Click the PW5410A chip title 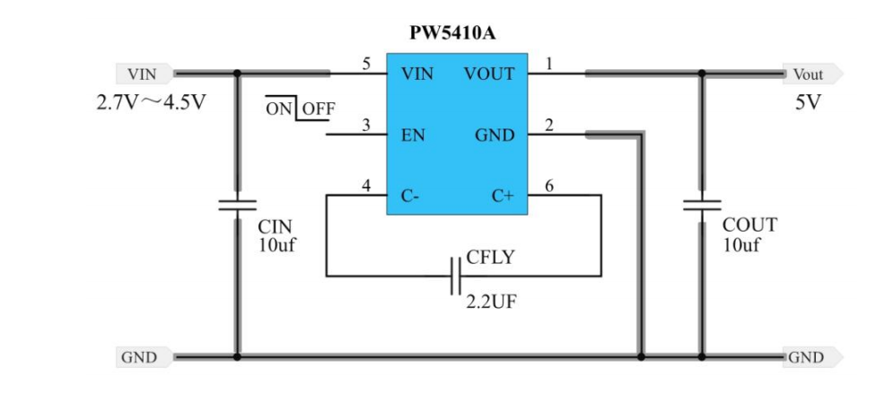(x=453, y=34)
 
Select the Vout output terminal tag (x=810, y=74)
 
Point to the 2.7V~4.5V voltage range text (x=151, y=102)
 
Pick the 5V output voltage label (x=807, y=102)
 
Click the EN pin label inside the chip (x=413, y=136)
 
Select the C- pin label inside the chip (x=408, y=196)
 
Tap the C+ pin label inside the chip (x=503, y=196)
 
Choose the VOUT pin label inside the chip (x=489, y=74)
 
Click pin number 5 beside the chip (x=366, y=64)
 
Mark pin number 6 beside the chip (x=548, y=186)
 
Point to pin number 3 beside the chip (x=366, y=126)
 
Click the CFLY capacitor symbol (x=455, y=275)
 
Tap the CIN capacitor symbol (x=237, y=206)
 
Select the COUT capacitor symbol (x=702, y=206)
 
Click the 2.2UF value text (x=491, y=302)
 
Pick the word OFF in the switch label (x=318, y=109)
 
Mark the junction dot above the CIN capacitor (x=237, y=74)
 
